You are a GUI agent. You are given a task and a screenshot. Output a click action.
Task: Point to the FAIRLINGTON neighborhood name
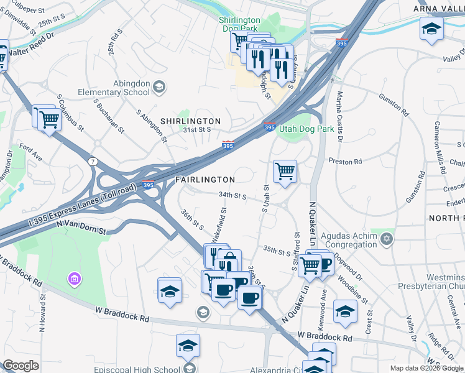205,179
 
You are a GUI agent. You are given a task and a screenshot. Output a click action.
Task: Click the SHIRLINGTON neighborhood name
190,121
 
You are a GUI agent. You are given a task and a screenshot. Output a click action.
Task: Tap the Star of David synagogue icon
387,239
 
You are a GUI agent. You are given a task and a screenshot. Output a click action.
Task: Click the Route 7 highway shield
92,161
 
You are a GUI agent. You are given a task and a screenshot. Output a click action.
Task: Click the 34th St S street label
233,195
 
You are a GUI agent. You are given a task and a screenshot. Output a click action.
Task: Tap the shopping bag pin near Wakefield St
229,259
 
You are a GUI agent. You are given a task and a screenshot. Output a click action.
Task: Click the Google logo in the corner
21,366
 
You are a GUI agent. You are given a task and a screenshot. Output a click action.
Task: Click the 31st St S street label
198,130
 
